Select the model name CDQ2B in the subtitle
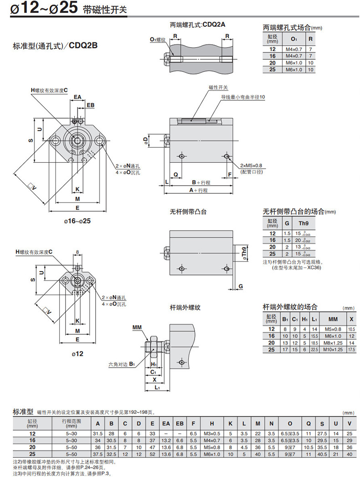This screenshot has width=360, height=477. pos(84,45)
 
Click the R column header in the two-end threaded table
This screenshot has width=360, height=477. pos(310,39)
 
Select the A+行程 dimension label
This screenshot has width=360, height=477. pos(198,190)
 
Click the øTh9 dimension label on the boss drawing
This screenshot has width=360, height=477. pos(244,253)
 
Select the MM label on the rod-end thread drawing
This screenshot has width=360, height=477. pos(137,327)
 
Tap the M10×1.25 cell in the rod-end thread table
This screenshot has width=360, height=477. pos(333,349)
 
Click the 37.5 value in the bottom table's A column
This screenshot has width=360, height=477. pos(97,454)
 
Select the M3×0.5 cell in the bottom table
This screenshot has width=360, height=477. pos(212,433)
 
